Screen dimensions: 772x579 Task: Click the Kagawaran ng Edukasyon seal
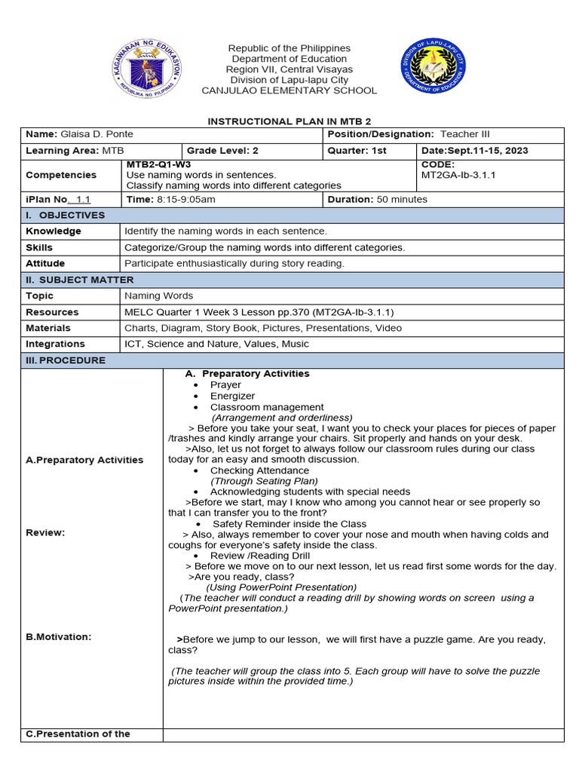(x=147, y=69)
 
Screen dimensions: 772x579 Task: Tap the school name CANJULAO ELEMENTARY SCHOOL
(x=289, y=90)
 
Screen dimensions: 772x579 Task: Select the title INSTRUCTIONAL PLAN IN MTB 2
(x=289, y=121)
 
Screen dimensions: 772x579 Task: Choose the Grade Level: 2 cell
(x=222, y=151)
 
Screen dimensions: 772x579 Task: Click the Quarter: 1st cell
(x=357, y=151)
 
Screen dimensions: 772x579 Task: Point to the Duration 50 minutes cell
(x=377, y=200)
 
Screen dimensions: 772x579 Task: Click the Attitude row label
(x=45, y=264)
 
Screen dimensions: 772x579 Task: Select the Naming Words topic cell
(x=158, y=296)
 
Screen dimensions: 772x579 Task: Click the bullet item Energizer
(x=232, y=396)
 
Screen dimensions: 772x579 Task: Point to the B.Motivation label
(x=58, y=637)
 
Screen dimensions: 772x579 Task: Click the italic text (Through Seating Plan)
(x=264, y=481)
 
